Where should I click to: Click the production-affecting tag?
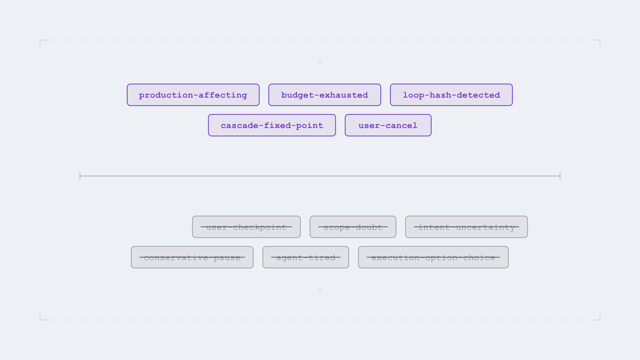coord(193,95)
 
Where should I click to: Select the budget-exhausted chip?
coord(325,95)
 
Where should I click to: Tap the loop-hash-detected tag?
coord(451,95)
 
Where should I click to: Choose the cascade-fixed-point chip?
coord(271,125)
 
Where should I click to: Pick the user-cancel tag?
coord(388,125)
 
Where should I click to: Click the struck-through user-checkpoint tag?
coord(246,227)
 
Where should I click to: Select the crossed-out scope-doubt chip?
coord(353,227)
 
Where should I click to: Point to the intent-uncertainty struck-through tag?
coord(466,227)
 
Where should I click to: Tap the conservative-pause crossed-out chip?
coord(192,257)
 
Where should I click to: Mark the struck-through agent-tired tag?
coord(306,257)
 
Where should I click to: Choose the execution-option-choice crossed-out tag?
coord(433,257)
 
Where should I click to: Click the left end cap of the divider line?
coord(80,176)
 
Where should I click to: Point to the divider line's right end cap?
coord(560,176)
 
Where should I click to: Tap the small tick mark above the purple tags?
coord(320,63)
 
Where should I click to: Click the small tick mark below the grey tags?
coord(320,289)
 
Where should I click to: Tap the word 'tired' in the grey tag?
coord(321,258)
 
